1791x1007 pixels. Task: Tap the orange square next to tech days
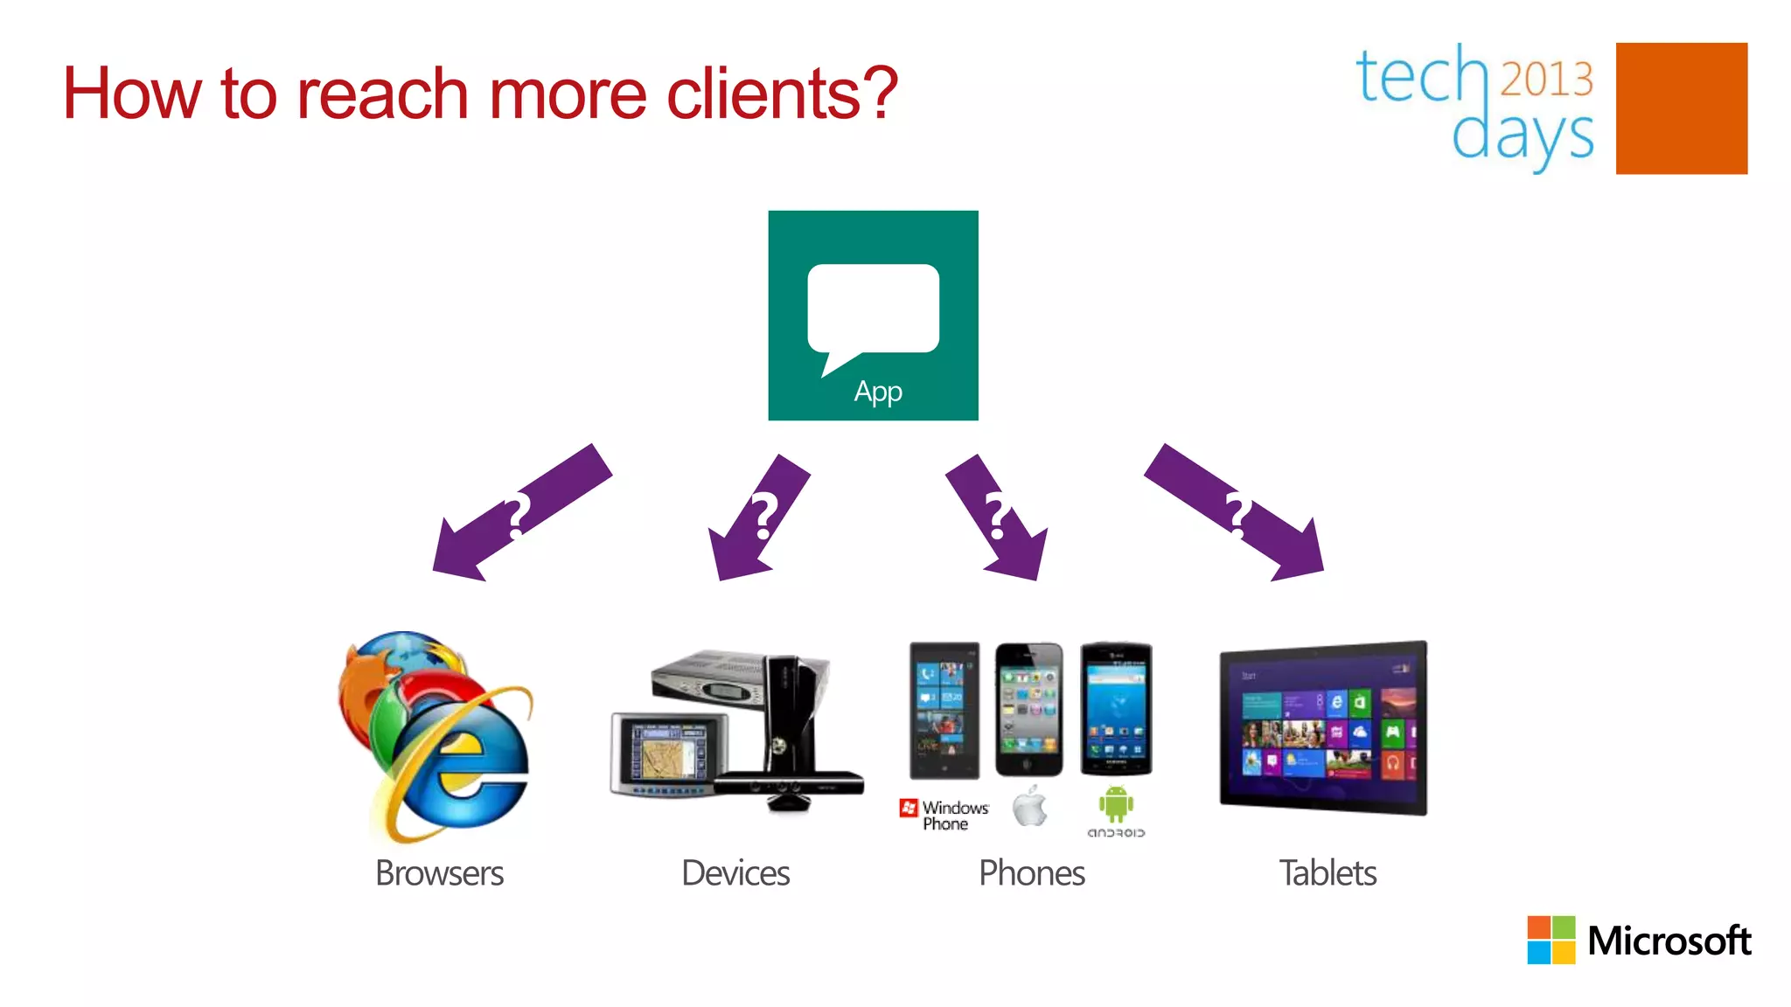coord(1681,108)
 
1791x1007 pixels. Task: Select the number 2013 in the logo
coord(1547,79)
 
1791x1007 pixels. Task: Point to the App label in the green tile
coord(878,392)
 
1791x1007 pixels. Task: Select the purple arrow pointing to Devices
coord(758,517)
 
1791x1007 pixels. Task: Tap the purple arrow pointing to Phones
coord(998,517)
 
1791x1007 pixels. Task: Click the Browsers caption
coord(439,873)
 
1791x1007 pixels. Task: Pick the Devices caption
coord(735,873)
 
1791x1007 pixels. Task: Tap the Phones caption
coord(1031,873)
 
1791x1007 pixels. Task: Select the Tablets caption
coord(1328,873)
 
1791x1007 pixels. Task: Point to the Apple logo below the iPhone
coord(1030,806)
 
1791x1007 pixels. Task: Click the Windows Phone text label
coord(954,816)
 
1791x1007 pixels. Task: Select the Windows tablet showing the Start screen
coord(1323,728)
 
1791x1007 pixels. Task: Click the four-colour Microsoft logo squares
coord(1551,940)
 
